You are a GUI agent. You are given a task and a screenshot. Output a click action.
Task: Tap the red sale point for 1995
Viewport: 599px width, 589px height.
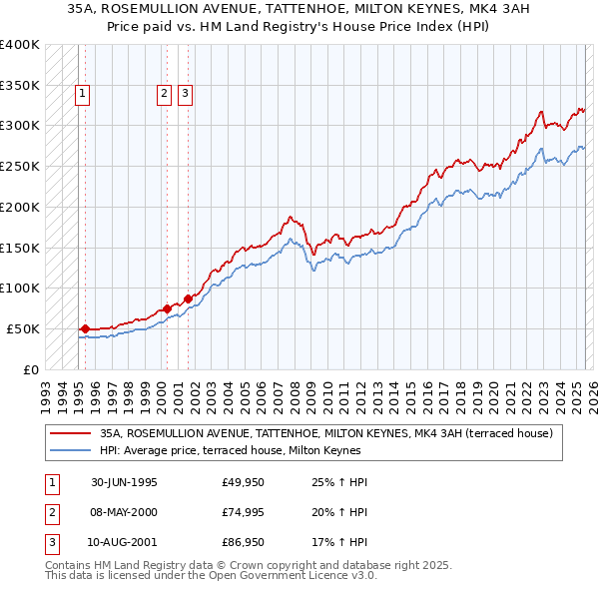pyautogui.click(x=86, y=328)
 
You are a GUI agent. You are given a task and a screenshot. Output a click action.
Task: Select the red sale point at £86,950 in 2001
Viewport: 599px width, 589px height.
pyautogui.click(x=188, y=297)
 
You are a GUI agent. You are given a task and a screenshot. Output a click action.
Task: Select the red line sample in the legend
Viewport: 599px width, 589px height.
pyautogui.click(x=72, y=434)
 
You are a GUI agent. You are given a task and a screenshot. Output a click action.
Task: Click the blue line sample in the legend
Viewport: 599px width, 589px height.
pyautogui.click(x=72, y=450)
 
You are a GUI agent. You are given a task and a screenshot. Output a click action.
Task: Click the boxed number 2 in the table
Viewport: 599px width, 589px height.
pyautogui.click(x=51, y=512)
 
